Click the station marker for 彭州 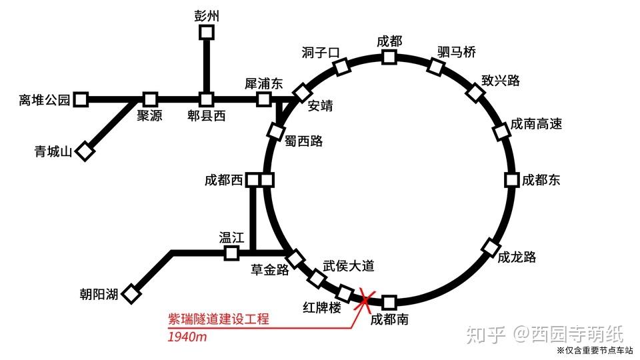pyautogui.click(x=207, y=32)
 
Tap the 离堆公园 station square pyautogui.click(x=81, y=100)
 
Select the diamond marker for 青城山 pyautogui.click(x=85, y=152)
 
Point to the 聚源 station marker pyautogui.click(x=150, y=99)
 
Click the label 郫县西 pyautogui.click(x=206, y=117)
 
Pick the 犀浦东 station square pyautogui.click(x=265, y=99)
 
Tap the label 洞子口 pyautogui.click(x=321, y=53)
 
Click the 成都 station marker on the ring pyautogui.click(x=389, y=57)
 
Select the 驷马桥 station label pyautogui.click(x=457, y=52)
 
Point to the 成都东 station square pyautogui.click(x=511, y=180)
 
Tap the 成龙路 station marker pyautogui.click(x=490, y=247)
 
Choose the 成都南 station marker pyautogui.click(x=389, y=302)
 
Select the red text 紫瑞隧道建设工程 pyautogui.click(x=218, y=319)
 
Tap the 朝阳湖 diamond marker pyautogui.click(x=133, y=293)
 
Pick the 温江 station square pyautogui.click(x=231, y=253)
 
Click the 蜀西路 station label pyautogui.click(x=303, y=141)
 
